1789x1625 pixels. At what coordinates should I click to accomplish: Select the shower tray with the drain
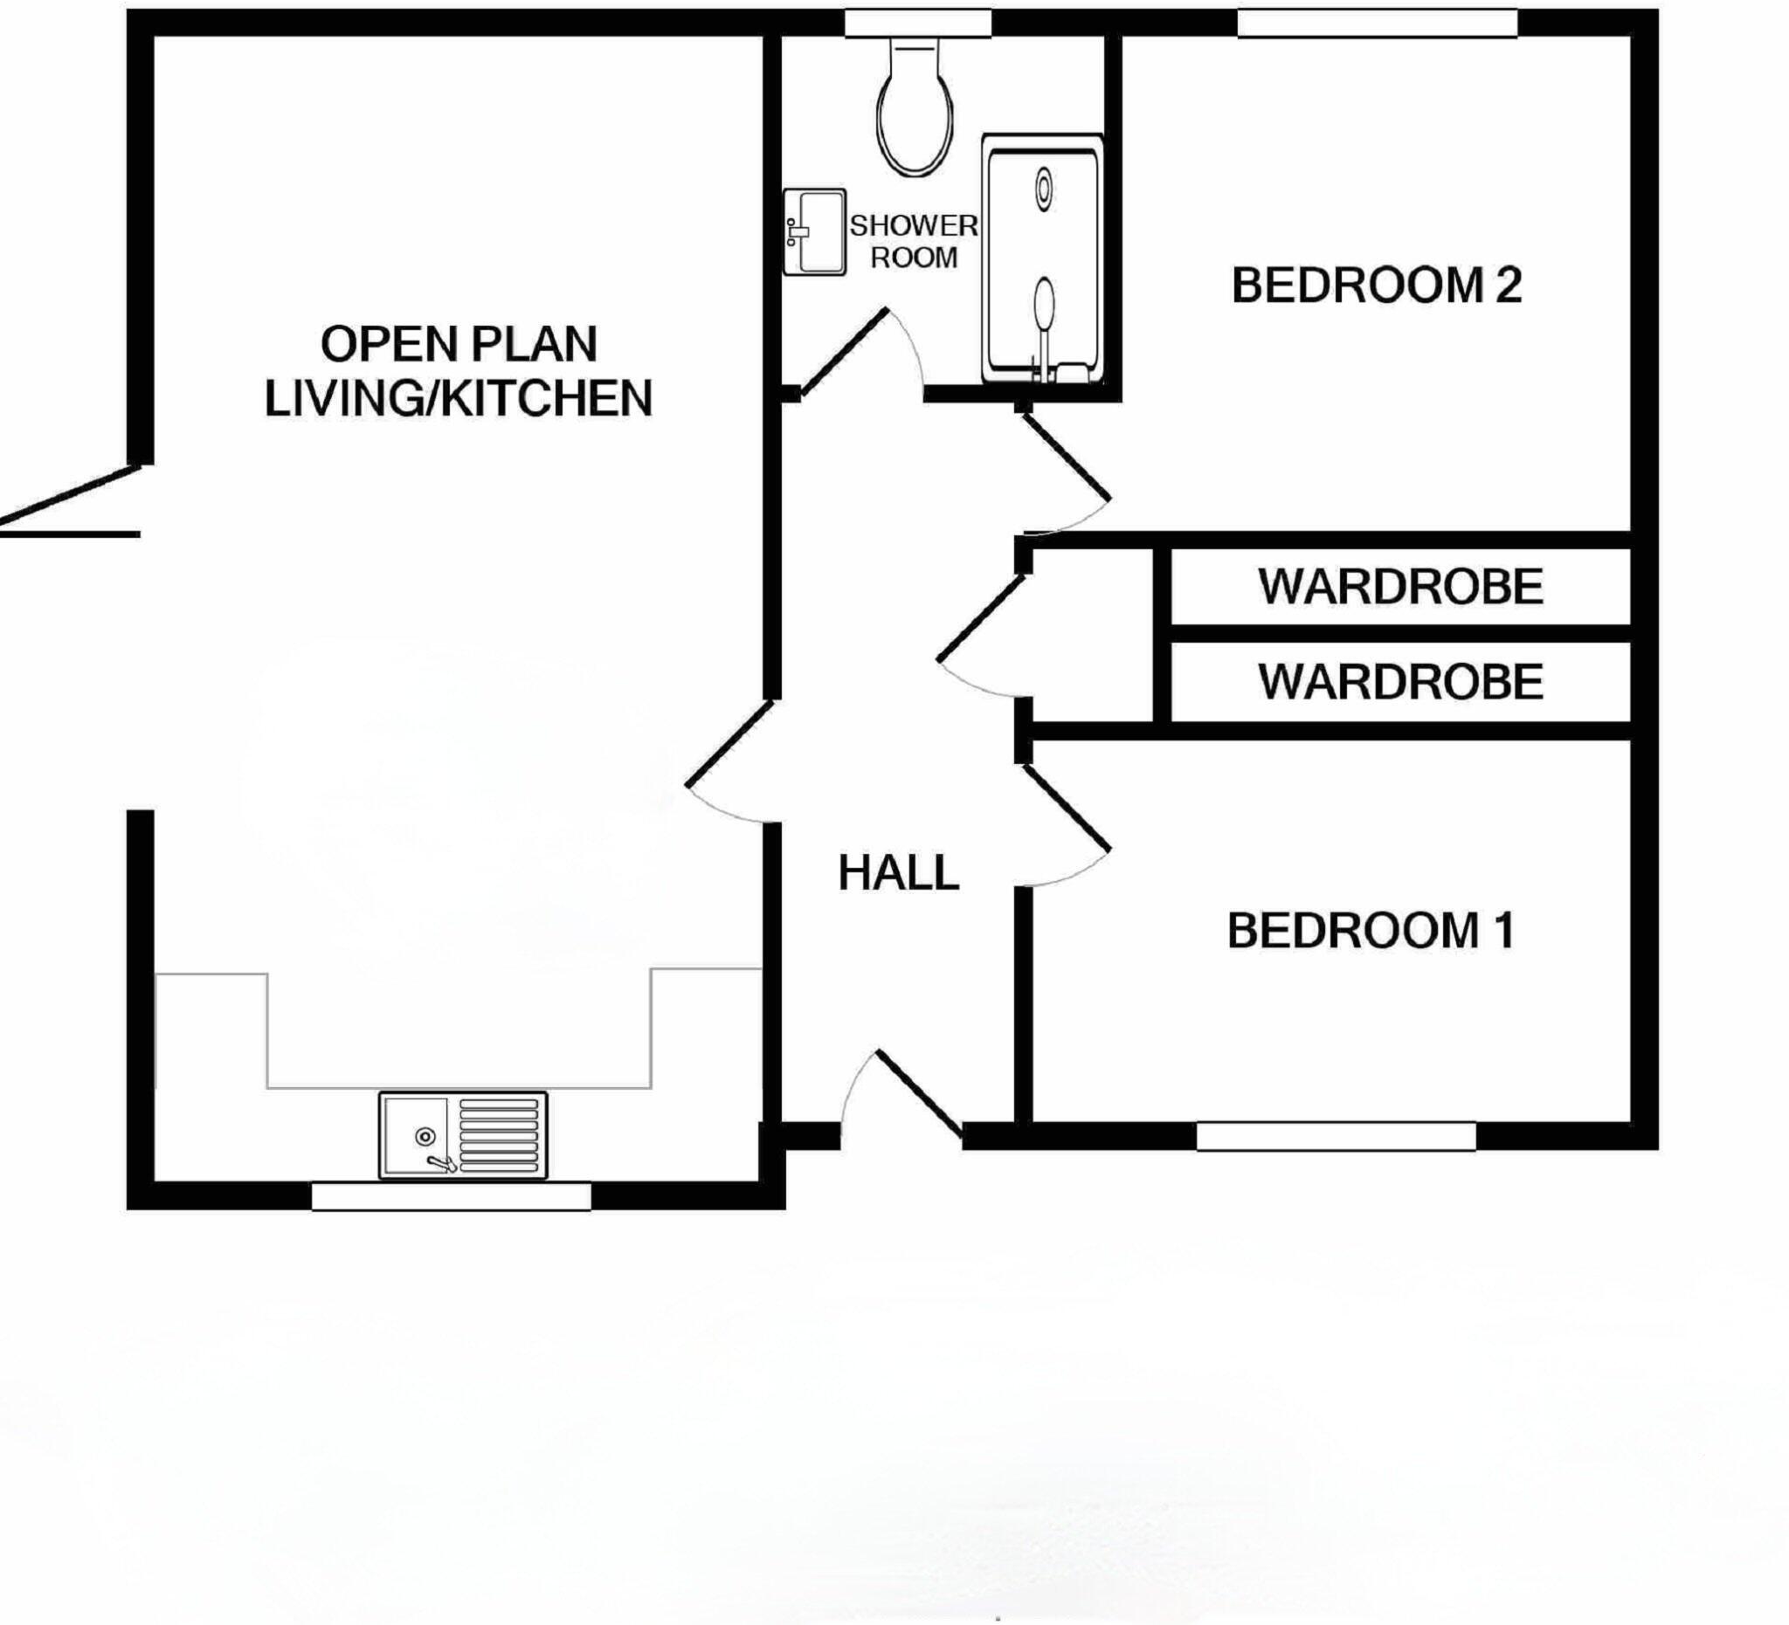click(x=1044, y=259)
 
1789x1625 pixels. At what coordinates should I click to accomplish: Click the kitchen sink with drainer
click(x=462, y=1135)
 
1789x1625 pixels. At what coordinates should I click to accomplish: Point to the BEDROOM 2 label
click(x=1377, y=286)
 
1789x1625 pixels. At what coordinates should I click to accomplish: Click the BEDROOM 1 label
click(x=1371, y=932)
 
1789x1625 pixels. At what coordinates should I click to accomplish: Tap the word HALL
click(x=898, y=874)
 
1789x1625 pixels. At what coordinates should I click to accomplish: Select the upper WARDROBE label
click(x=1400, y=587)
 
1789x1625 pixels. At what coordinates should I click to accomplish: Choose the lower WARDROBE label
click(x=1400, y=682)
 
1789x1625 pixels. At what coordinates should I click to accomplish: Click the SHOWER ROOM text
click(x=914, y=241)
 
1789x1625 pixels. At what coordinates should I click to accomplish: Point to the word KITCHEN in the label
click(x=547, y=398)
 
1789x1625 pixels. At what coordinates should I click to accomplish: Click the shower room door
click(x=846, y=352)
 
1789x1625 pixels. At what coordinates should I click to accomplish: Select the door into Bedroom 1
click(x=1066, y=806)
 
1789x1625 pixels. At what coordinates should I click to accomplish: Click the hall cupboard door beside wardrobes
click(x=981, y=619)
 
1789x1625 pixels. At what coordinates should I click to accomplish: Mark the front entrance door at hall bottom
click(x=919, y=1093)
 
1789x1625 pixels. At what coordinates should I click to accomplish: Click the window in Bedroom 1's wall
click(x=1336, y=1136)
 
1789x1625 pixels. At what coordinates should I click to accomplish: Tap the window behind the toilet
click(x=916, y=24)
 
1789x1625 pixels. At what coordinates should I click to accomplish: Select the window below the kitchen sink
click(x=451, y=1196)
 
